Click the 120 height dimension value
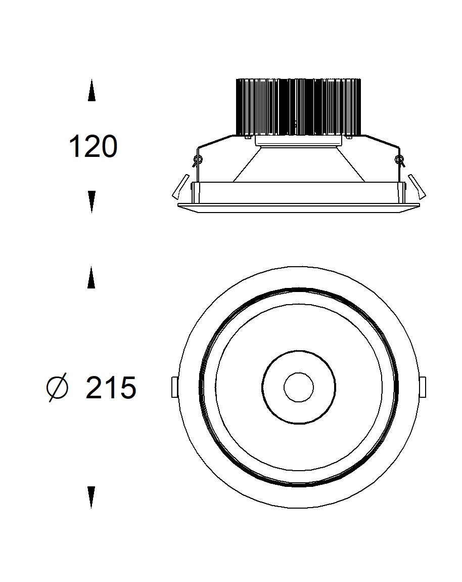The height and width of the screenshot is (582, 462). point(93,147)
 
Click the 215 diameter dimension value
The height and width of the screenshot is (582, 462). point(111,388)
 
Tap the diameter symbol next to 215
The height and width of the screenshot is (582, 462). point(58,388)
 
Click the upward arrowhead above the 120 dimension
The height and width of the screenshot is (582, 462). point(91,91)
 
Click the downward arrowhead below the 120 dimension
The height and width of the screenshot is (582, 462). point(91,202)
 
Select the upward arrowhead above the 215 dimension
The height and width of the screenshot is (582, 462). point(91,277)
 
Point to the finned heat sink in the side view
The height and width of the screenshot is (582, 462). point(299,107)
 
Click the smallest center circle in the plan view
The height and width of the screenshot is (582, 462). point(299,387)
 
